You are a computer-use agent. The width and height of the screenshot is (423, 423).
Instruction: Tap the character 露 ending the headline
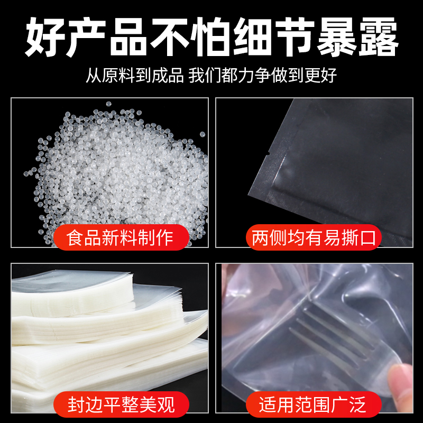coord(378,36)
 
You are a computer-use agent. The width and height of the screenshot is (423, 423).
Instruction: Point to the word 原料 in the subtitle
coord(118,75)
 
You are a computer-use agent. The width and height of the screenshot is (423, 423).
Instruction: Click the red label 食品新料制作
coord(121,237)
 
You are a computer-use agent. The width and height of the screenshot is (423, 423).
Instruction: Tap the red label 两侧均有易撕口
coord(314,237)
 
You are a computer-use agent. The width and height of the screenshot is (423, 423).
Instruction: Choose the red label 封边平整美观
coord(121,404)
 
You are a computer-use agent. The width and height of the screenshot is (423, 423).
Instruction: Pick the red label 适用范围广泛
coord(314,404)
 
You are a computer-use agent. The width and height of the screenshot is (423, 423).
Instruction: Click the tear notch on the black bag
coord(268,154)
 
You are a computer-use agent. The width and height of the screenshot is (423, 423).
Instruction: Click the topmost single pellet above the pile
coord(108,104)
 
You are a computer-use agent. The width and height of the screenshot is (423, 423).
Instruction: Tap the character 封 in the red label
coord(76,404)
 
